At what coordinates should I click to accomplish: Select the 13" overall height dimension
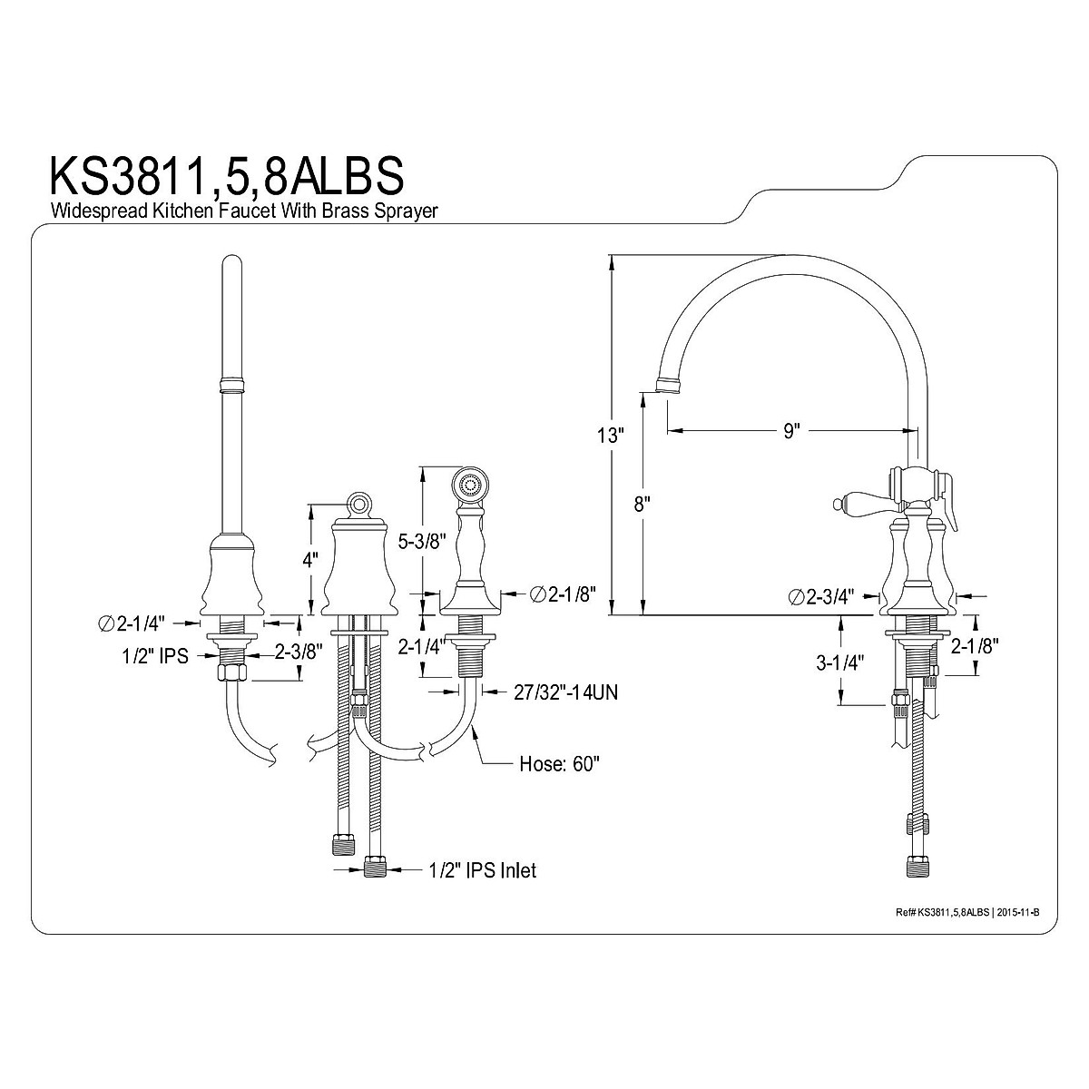coord(610,436)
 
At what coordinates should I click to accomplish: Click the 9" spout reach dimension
coord(792,431)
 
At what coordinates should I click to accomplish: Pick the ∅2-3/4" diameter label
coord(821,597)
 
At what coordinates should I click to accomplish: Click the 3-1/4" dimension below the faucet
coord(840,662)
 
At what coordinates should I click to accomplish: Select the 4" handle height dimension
coord(310,560)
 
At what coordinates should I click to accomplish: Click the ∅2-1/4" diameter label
coord(131,623)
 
